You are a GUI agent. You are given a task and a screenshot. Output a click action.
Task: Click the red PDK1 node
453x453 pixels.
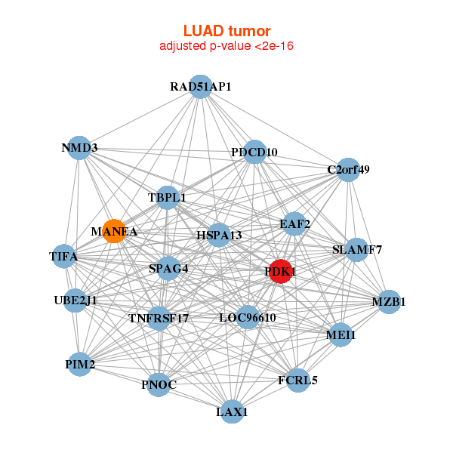point(281,271)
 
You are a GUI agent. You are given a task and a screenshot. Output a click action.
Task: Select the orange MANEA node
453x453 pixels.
point(114,231)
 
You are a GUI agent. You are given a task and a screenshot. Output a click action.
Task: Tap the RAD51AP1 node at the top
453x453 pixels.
point(200,87)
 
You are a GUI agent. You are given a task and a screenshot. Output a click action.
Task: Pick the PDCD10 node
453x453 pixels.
point(255,152)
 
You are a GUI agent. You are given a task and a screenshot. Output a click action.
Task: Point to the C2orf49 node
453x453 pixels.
point(348,169)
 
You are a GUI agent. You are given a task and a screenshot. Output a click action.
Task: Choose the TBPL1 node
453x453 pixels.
point(168,198)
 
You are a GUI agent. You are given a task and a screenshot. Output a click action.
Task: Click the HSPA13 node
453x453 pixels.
point(219,236)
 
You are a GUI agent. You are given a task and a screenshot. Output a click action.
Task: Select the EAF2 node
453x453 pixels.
point(294,223)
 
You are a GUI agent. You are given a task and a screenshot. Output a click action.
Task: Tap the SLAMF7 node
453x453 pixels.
point(357,249)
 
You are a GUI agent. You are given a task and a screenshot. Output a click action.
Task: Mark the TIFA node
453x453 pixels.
point(64,256)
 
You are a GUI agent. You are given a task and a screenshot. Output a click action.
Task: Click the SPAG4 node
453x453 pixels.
point(168,267)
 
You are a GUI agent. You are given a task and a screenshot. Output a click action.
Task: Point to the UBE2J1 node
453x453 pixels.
point(75,300)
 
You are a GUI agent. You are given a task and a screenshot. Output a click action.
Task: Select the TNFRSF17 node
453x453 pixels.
point(159,318)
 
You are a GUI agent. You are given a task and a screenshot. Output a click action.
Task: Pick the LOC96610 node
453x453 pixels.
point(248,317)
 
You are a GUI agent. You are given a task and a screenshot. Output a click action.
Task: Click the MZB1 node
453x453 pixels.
point(389,302)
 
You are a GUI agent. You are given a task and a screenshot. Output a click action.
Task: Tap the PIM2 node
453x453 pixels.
point(80,365)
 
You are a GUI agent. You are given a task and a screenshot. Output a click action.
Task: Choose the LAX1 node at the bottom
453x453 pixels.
point(232,411)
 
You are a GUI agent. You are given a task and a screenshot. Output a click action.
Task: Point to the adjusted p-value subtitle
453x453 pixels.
point(226,46)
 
